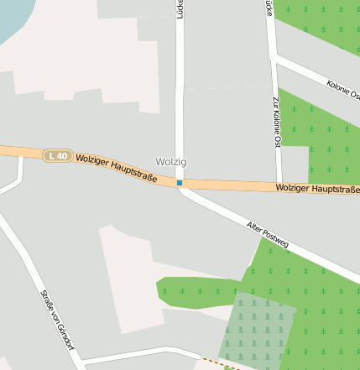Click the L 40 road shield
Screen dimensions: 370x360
pyautogui.click(x=57, y=155)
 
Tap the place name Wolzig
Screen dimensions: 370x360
pyautogui.click(x=171, y=161)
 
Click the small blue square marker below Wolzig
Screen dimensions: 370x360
pyautogui.click(x=180, y=182)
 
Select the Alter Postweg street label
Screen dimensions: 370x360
pyautogui.click(x=268, y=235)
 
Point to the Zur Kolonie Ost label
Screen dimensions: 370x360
pyautogui.click(x=276, y=122)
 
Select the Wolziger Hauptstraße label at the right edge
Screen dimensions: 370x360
pyautogui.click(x=316, y=189)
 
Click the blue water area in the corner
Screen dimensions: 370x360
pyautogui.click(x=17, y=17)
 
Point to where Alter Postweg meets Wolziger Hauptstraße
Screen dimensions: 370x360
pyautogui.click(x=183, y=186)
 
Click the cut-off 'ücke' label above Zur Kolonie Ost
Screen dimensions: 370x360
pyautogui.click(x=268, y=8)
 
